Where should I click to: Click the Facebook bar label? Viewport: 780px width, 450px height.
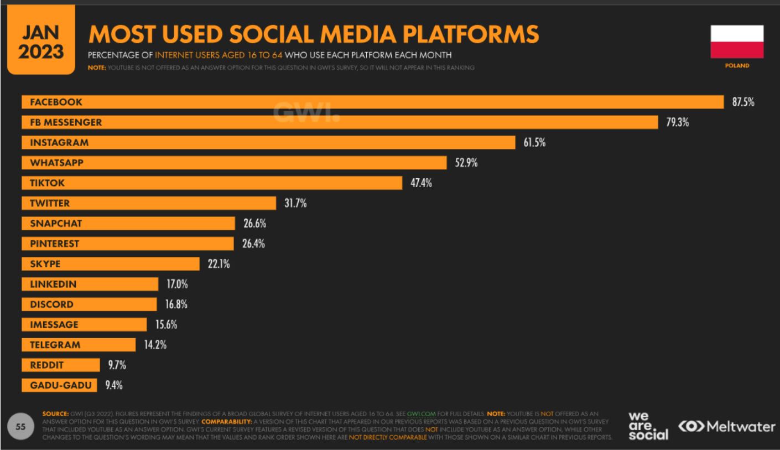click(56, 102)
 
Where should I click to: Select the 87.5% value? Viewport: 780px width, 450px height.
click(743, 102)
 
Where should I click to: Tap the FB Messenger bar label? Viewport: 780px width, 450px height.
click(66, 122)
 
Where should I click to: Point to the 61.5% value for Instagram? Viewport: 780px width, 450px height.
click(534, 143)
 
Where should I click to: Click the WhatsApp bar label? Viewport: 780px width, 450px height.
click(56, 163)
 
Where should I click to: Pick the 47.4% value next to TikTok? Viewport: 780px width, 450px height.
click(421, 183)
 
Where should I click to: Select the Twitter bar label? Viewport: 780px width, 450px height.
click(50, 203)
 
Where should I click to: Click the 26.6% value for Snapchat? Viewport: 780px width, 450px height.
click(254, 224)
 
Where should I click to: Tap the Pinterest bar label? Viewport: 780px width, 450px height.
click(54, 244)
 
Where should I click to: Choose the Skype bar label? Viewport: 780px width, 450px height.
click(45, 264)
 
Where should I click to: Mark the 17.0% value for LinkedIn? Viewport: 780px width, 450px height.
click(177, 285)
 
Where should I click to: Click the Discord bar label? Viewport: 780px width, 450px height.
click(51, 304)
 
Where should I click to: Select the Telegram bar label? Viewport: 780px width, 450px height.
click(55, 345)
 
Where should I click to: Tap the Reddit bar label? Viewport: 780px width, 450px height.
click(46, 365)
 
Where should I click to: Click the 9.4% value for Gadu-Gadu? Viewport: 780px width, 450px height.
click(113, 385)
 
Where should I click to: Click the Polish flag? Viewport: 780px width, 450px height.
click(737, 42)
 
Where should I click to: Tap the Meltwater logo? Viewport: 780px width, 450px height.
click(726, 427)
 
